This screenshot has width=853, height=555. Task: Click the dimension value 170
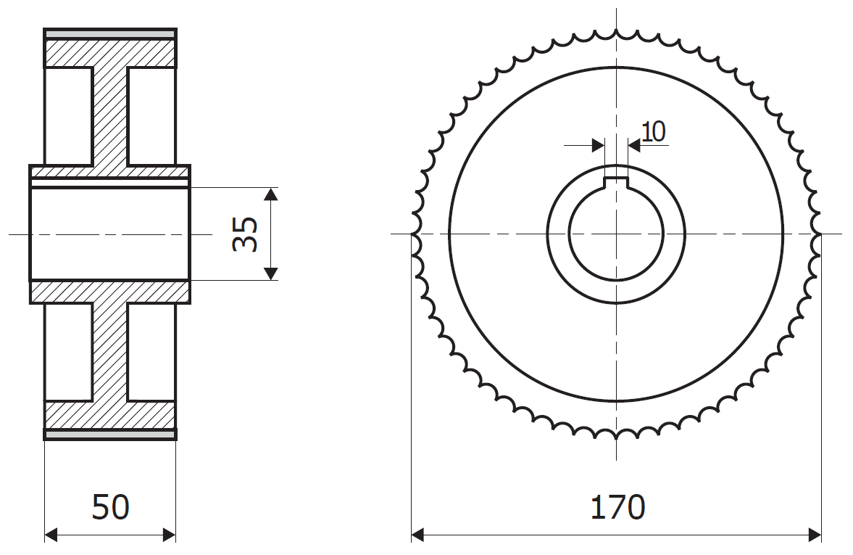[617, 508]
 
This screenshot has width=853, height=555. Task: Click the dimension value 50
[110, 508]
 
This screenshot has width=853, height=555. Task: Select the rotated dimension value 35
[246, 234]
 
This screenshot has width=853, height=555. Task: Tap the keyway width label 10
[653, 131]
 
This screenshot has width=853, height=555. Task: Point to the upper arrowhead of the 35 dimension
[270, 194]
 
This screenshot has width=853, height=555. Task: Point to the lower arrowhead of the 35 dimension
[270, 274]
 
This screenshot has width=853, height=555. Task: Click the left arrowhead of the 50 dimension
[51, 535]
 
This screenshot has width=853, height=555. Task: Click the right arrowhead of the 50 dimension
[170, 535]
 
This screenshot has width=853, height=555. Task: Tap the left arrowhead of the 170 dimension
[417, 535]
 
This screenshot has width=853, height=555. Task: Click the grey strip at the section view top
[110, 33]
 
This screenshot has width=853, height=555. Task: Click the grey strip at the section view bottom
[110, 435]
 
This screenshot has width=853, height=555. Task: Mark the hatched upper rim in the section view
[110, 53]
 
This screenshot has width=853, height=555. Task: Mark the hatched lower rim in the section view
[110, 414]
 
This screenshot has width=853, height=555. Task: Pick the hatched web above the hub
[110, 116]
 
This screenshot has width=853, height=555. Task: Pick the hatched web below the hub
[110, 352]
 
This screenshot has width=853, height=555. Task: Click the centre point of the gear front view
[616, 234]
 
